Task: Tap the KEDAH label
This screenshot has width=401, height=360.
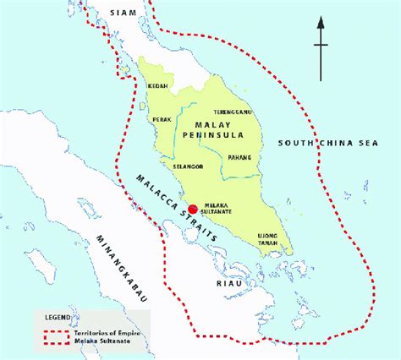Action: tap(158, 87)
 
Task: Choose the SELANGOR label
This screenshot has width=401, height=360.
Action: tap(188, 167)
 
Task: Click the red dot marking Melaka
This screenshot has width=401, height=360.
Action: tap(193, 210)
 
